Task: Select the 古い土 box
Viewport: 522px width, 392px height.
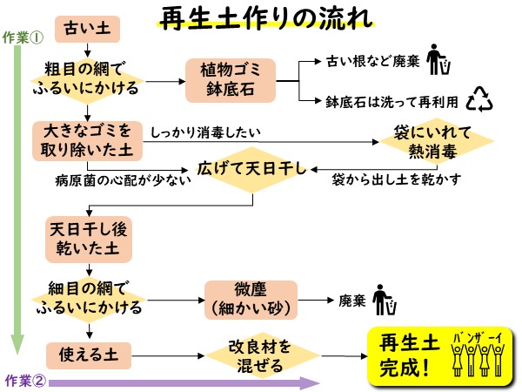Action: pyautogui.click(x=87, y=30)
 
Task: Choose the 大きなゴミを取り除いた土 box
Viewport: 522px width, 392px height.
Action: pyautogui.click(x=87, y=139)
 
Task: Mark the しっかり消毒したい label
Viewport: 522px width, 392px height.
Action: pyautogui.click(x=205, y=132)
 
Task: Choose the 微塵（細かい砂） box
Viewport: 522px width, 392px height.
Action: pyautogui.click(x=251, y=298)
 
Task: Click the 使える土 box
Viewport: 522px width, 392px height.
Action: pyautogui.click(x=87, y=355)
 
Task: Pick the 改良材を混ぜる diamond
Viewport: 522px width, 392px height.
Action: pyautogui.click(x=260, y=355)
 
